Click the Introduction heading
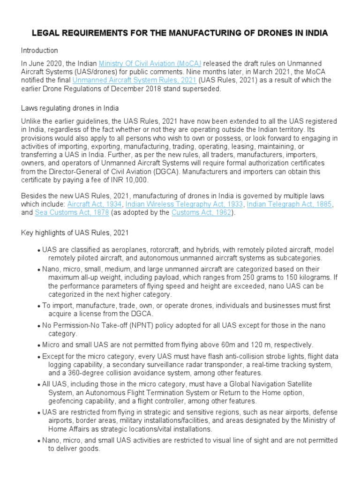(39, 51)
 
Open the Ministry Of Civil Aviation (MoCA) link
(150, 63)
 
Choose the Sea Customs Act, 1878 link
(72, 213)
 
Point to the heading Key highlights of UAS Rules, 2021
(75, 232)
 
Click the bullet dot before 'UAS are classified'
(38, 250)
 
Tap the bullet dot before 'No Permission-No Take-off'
(38, 326)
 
